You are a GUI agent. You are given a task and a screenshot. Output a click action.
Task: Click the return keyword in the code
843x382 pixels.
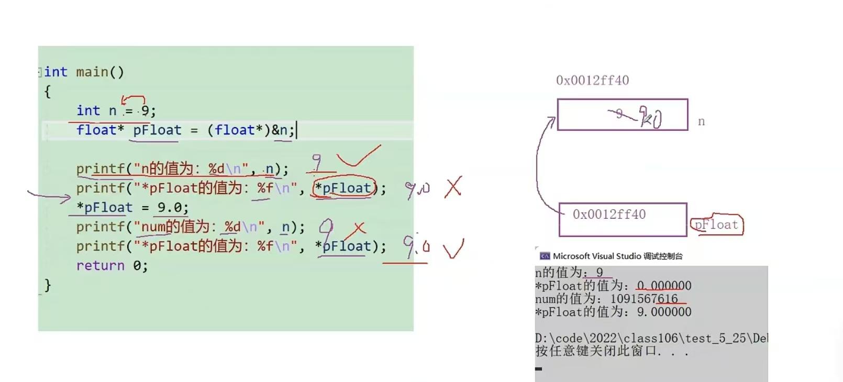point(100,266)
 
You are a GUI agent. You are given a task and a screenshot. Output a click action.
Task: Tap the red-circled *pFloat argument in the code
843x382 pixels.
point(345,188)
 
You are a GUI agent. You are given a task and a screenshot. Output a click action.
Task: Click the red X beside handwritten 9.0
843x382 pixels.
point(453,187)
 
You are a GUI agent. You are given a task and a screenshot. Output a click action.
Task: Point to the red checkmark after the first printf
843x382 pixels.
point(358,156)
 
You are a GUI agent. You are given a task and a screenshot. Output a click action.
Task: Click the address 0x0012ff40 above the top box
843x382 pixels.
point(592,81)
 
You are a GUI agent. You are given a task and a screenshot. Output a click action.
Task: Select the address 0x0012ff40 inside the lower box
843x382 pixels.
point(609,215)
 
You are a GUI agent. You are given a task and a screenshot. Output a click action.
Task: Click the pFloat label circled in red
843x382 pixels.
point(716,225)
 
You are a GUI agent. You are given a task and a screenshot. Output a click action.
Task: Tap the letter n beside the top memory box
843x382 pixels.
point(701,122)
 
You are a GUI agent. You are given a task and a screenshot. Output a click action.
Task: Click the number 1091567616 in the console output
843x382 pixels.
point(644,299)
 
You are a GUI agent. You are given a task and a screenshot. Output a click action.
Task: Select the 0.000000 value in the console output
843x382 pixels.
point(664,286)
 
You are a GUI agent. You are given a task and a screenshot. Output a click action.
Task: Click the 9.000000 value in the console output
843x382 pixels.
point(664,312)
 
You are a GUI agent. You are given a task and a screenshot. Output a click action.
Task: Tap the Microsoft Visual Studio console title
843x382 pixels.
point(618,256)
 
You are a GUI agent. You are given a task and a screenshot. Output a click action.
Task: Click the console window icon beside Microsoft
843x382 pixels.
point(545,256)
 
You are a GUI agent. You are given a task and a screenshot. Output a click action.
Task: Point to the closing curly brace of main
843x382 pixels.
point(48,285)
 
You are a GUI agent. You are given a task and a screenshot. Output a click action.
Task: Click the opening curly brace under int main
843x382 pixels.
point(48,92)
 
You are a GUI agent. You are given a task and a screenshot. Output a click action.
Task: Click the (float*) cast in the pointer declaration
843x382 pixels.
point(239,130)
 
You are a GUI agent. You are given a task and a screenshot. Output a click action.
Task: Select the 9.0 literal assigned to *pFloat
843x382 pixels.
point(170,208)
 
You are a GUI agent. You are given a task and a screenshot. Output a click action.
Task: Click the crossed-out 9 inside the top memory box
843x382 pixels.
point(619,114)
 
